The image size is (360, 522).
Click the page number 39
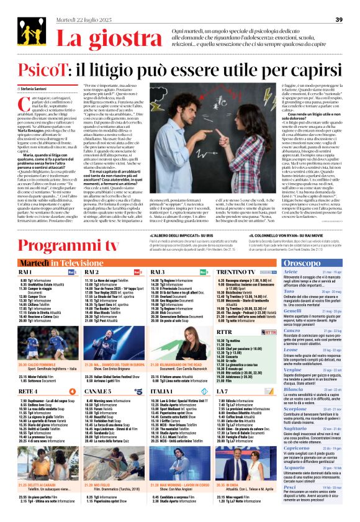tap(339, 20)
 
